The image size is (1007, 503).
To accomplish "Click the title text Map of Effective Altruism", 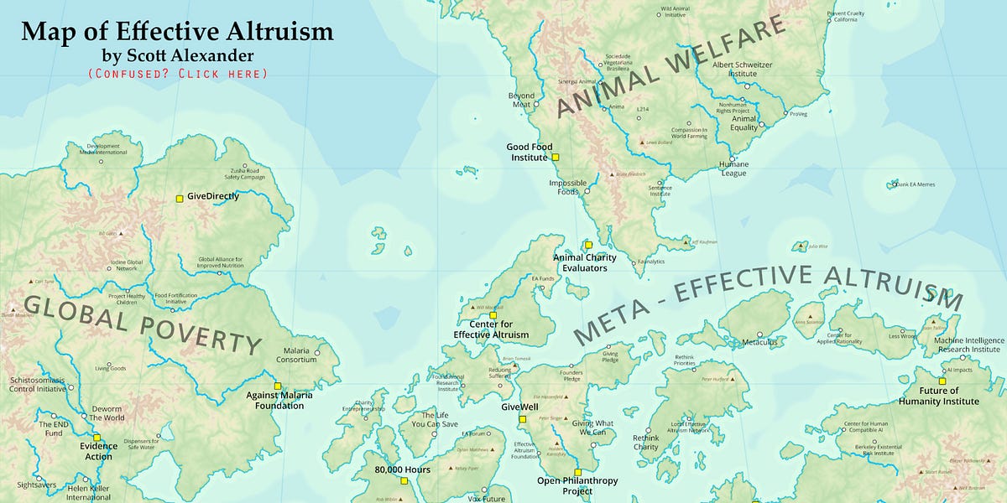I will coord(177,32).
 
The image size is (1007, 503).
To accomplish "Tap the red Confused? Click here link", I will coord(177,74).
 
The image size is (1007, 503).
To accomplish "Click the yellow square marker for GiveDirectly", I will coord(179,199).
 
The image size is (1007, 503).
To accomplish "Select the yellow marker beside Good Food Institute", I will coord(555,157).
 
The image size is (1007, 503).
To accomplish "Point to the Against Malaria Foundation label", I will coord(274,400).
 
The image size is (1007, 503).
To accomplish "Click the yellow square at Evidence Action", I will coord(97,437).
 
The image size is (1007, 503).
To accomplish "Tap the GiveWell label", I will coord(519,407).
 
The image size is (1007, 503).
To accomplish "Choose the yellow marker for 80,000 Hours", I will coord(404,481).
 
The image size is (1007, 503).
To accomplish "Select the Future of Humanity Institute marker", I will coord(942,381).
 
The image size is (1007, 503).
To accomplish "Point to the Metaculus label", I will coord(760,342).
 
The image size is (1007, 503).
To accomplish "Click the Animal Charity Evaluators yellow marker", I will coord(588,245).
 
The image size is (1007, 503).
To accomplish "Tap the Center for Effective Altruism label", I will coord(492,329).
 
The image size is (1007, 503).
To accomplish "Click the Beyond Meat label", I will coord(521,100).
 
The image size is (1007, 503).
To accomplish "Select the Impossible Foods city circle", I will coord(587,191).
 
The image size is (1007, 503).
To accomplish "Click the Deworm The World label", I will coord(107,413).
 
